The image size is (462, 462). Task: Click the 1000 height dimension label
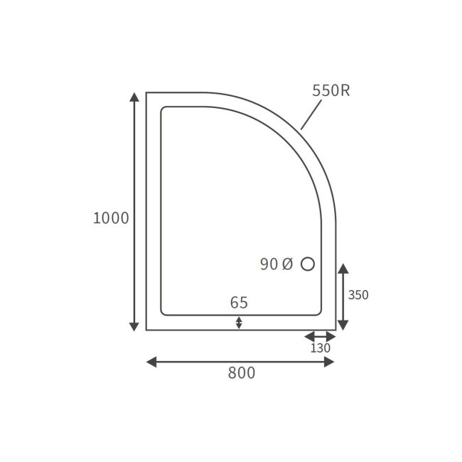pyautogui.click(x=111, y=218)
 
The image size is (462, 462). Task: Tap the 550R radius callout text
pyautogui.click(x=331, y=91)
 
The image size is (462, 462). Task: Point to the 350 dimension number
pyautogui.click(x=358, y=295)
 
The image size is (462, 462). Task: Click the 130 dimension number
pyautogui.click(x=320, y=349)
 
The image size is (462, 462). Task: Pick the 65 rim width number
pyautogui.click(x=239, y=303)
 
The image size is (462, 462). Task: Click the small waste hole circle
pyautogui.click(x=308, y=264)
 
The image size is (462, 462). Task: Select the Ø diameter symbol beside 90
pyautogui.click(x=286, y=264)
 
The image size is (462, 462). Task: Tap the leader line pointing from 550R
pyautogui.click(x=311, y=114)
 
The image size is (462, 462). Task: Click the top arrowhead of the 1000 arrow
pyautogui.click(x=134, y=97)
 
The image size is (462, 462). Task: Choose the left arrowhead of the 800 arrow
pyautogui.click(x=151, y=362)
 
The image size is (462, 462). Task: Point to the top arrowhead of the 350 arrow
pyautogui.click(x=343, y=269)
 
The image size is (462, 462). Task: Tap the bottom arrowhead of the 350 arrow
pyautogui.click(x=343, y=325)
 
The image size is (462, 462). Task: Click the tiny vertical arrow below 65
pyautogui.click(x=239, y=323)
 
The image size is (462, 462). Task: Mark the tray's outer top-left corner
pyautogui.click(x=146, y=93)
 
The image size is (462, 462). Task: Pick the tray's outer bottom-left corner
pyautogui.click(x=146, y=330)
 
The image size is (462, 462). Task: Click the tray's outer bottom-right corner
pyautogui.click(x=335, y=330)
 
